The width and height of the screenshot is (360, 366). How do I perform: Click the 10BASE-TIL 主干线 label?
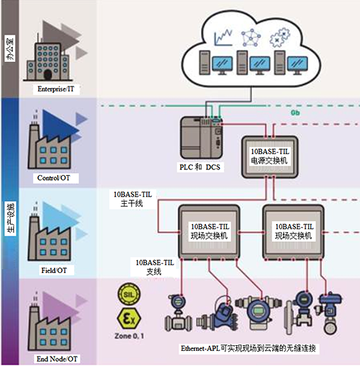132,199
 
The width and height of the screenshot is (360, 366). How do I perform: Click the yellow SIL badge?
128,296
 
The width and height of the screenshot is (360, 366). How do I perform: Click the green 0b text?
295,113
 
